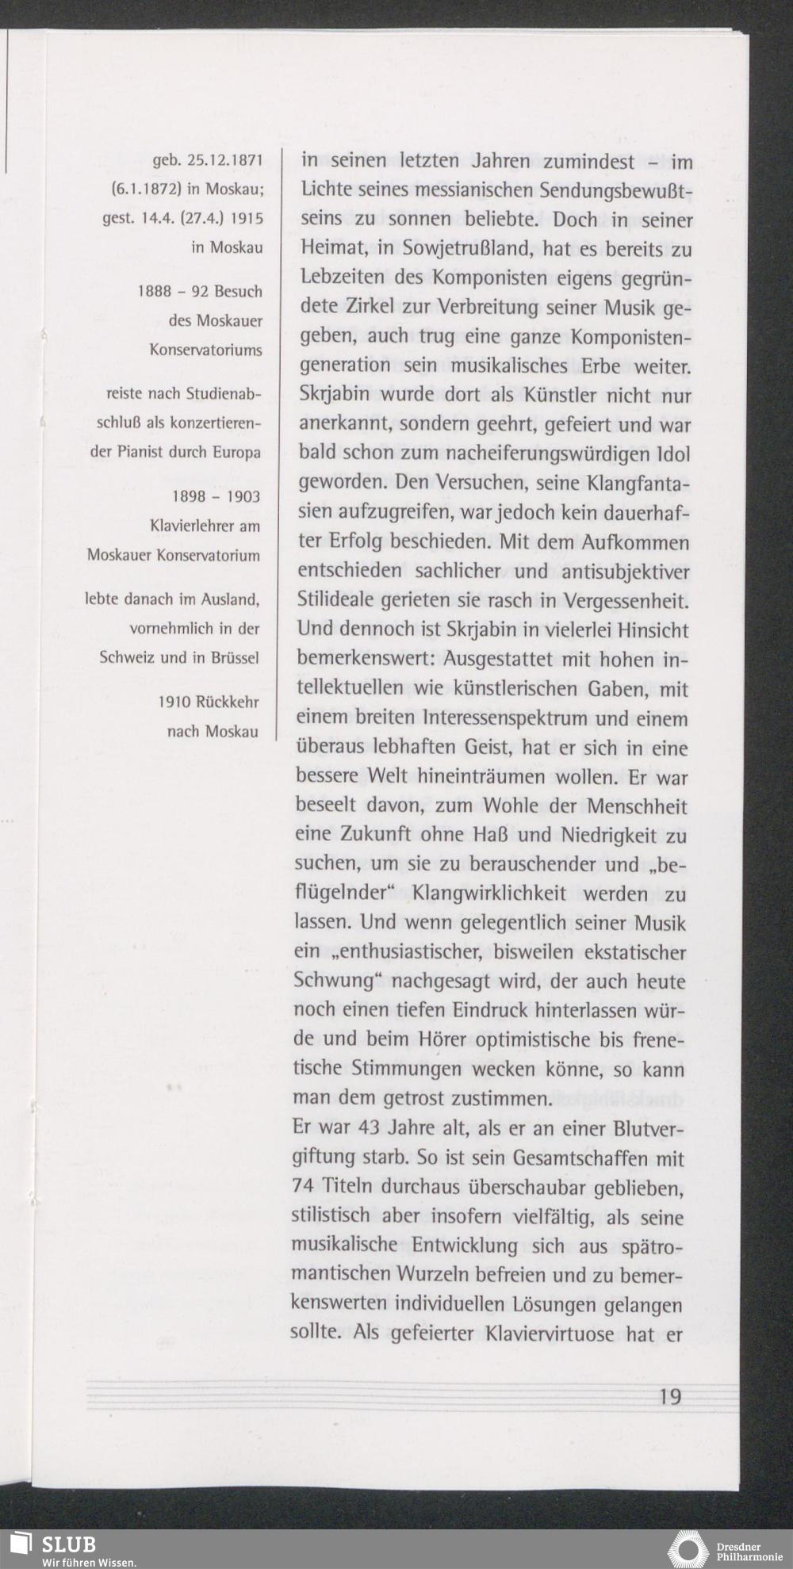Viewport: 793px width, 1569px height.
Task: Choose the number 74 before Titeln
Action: (x=306, y=1187)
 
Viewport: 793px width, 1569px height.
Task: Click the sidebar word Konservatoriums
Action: (x=206, y=350)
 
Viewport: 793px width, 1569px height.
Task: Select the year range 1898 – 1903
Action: (x=216, y=496)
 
